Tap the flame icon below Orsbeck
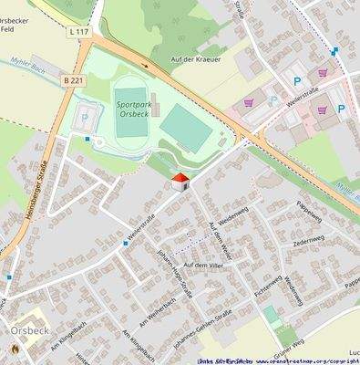pos(14,349)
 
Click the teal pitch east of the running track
pos(188,129)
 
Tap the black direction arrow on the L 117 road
pos(146,65)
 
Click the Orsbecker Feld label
pos(18,22)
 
